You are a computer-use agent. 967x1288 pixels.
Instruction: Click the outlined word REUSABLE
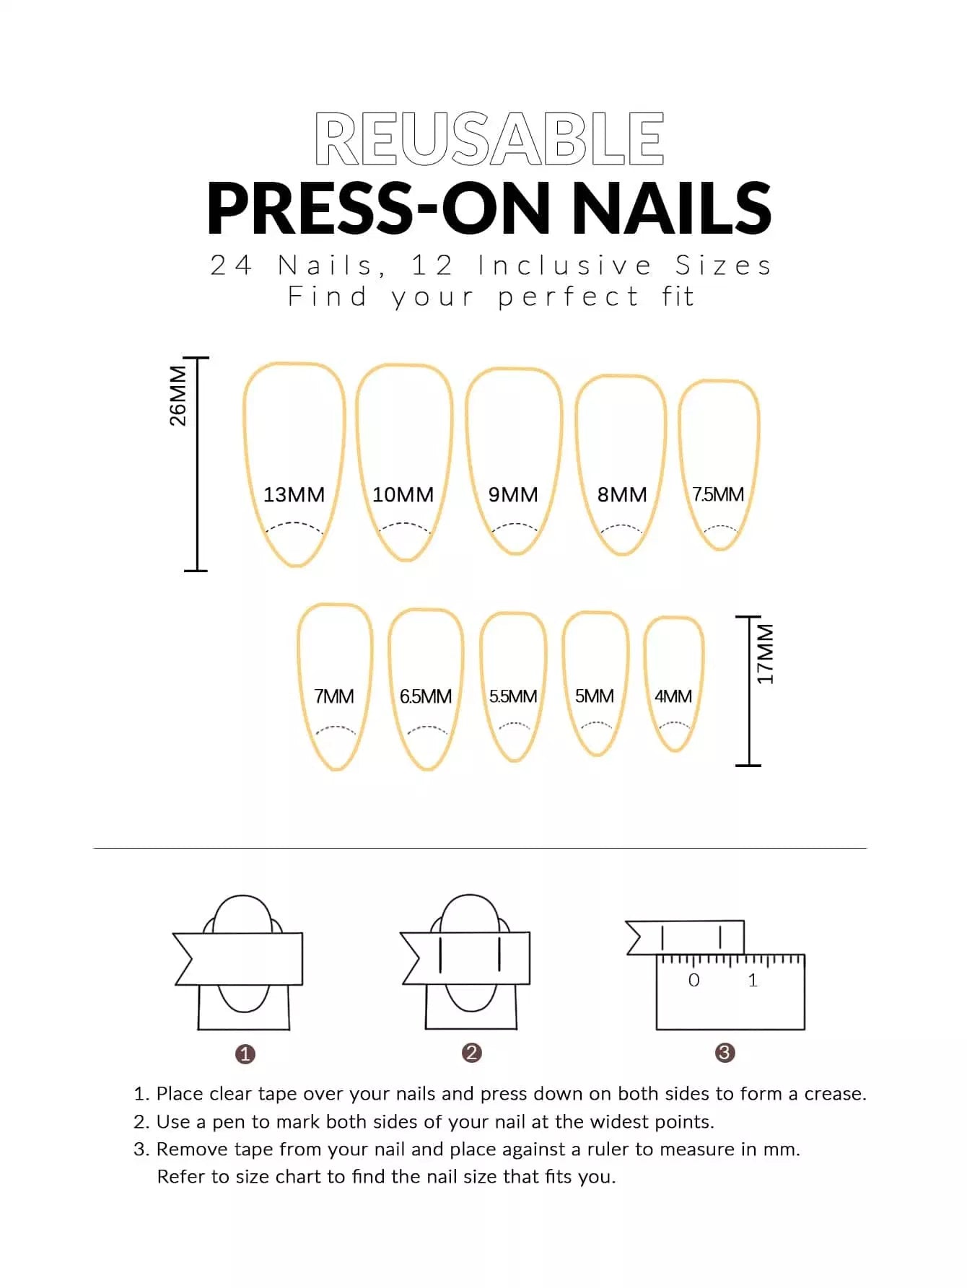489,139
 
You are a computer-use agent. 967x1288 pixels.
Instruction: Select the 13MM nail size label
294,494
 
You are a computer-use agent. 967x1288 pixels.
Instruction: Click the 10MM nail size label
403,494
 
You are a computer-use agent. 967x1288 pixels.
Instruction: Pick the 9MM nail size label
513,494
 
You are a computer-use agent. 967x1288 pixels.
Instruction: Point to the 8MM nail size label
622,494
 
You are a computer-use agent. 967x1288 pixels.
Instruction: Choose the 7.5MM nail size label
718,494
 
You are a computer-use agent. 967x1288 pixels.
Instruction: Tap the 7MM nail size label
334,696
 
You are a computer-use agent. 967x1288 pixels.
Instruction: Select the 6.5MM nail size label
426,696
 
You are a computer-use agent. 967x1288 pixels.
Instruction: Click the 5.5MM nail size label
513,696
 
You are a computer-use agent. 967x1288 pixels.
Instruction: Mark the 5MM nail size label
595,696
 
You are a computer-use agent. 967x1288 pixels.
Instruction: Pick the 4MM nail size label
673,696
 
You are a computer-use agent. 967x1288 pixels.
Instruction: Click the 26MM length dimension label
178,396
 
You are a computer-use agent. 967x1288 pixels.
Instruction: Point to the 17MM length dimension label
765,654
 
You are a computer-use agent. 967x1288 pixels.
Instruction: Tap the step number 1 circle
245,1054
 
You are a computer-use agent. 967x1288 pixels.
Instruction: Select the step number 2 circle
472,1053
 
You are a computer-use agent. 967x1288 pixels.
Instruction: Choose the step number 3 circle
725,1053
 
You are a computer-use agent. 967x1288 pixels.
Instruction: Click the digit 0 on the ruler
694,980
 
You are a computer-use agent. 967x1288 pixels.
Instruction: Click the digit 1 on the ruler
753,980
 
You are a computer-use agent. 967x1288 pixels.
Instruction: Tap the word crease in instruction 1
835,1094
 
